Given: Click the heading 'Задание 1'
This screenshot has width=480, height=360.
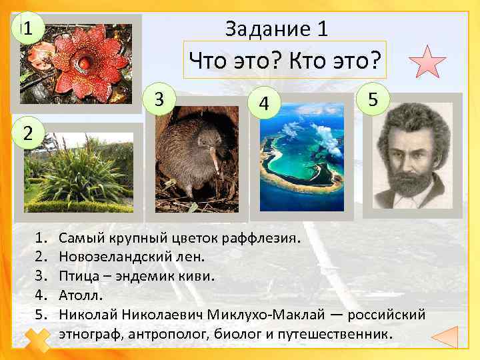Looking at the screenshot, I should tap(276, 29).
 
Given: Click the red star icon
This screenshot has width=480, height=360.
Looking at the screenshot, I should tap(427, 62).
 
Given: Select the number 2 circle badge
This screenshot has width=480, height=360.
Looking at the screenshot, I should tap(28, 131).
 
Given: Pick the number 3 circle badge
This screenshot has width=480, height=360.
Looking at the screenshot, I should tap(159, 99).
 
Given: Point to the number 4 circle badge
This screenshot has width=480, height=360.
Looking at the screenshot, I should tap(265, 104).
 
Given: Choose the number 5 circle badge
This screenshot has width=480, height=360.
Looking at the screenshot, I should tap(374, 99).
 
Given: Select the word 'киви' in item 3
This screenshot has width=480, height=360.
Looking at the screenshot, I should tap(199, 275).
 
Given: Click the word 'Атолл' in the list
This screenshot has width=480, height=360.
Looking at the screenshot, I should tap(78, 295).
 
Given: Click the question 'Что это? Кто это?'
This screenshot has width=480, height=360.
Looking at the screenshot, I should tap(285, 62).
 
